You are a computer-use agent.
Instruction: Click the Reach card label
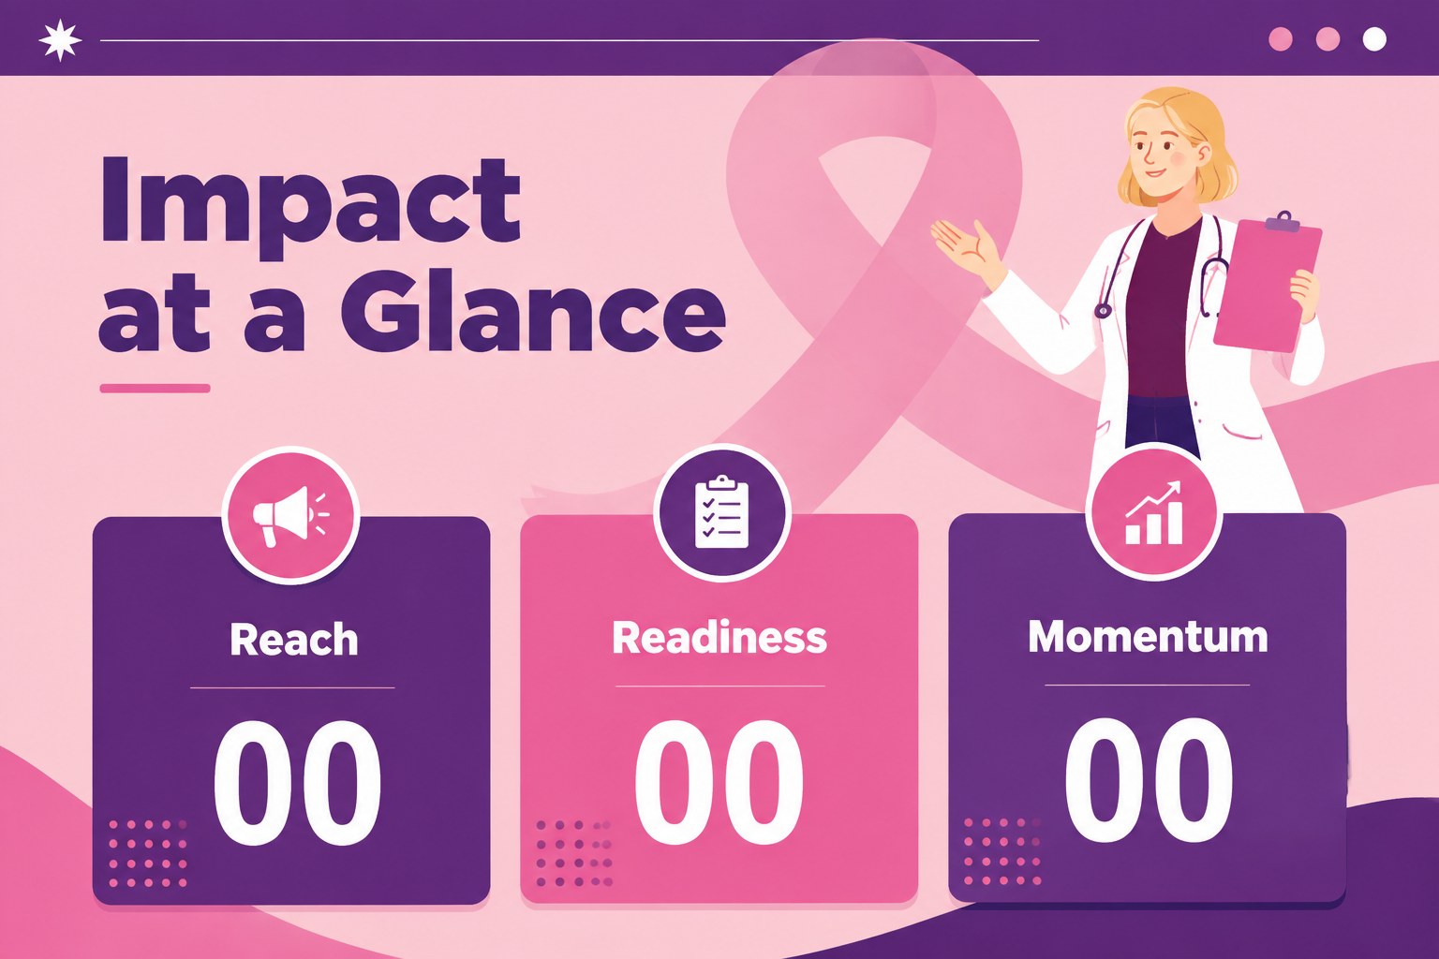click(294, 639)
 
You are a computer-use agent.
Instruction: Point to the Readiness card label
click(719, 637)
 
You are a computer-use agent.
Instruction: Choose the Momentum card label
click(1148, 636)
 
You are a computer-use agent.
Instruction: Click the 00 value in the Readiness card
click(719, 781)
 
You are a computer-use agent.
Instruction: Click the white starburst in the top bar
click(60, 40)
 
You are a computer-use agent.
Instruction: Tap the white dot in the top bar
click(1374, 39)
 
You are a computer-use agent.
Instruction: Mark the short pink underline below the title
click(156, 388)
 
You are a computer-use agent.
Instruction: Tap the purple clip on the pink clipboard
click(1283, 222)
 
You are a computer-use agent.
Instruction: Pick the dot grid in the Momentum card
click(1002, 852)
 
